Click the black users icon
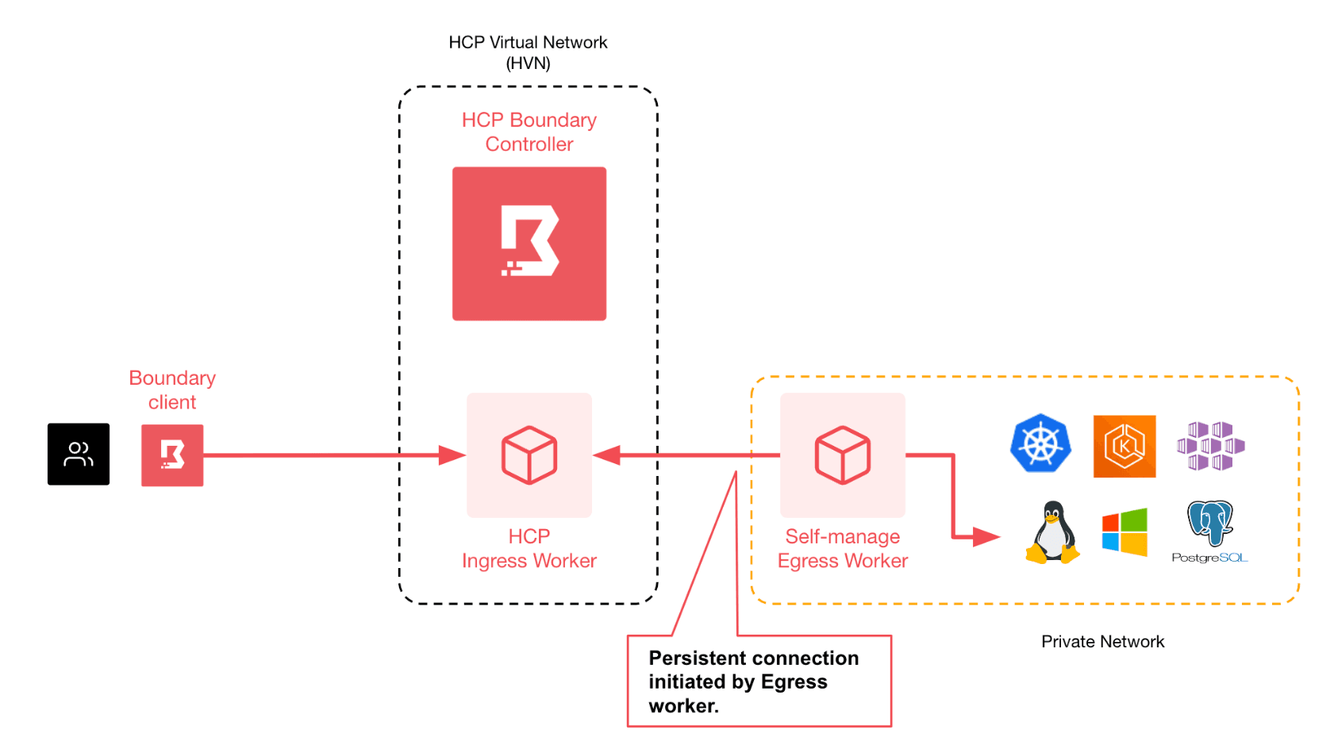pos(79,454)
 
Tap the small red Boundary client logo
pos(172,455)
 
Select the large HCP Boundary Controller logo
pos(529,244)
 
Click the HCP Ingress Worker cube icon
pos(529,455)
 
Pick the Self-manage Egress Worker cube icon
pos(843,455)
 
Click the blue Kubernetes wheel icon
pos(1040,443)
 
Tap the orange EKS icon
pos(1124,446)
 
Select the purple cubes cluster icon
pos(1210,446)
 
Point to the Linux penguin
pos(1052,532)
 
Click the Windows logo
pos(1124,532)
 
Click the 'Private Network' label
pos(1102,642)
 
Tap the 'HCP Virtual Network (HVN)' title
pos(528,52)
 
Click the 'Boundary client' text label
pos(172,390)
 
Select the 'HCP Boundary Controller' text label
pos(529,132)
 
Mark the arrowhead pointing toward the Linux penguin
pos(986,537)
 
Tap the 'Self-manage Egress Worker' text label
pos(842,548)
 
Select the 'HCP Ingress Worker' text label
pos(529,548)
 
